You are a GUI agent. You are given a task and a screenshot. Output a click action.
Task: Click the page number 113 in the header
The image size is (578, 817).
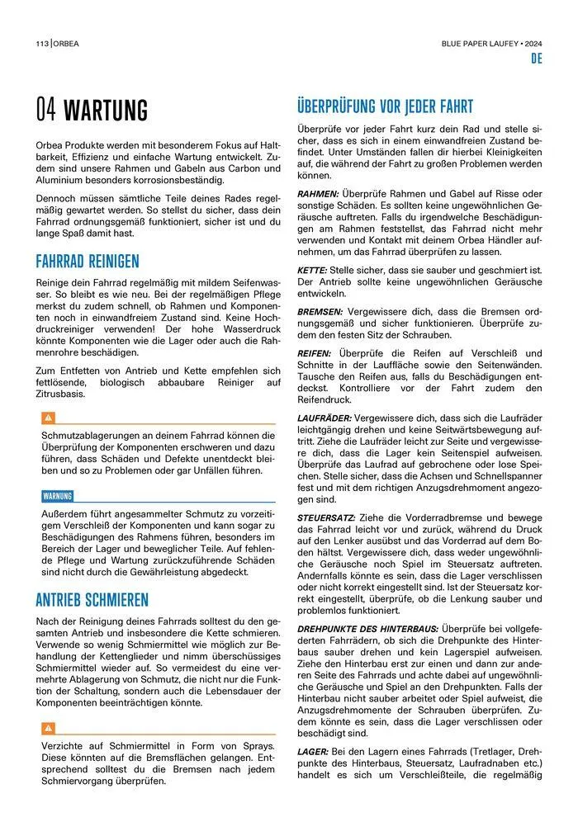coord(41,43)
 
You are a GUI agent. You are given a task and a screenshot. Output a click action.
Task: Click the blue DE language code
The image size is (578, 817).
coord(536,59)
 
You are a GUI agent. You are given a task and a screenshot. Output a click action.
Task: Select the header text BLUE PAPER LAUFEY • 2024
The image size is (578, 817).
coord(492,43)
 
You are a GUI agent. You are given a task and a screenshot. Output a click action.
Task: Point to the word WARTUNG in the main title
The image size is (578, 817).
coord(106,110)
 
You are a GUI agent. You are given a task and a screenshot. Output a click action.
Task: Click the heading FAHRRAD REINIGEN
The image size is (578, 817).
coord(87,262)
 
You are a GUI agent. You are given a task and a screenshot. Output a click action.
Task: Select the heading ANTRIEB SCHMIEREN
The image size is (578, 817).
coord(92,598)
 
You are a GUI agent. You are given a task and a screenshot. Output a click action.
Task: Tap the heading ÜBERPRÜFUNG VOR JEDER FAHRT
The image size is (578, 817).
coord(385,106)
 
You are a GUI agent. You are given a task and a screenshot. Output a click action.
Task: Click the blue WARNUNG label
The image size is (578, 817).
coord(57,496)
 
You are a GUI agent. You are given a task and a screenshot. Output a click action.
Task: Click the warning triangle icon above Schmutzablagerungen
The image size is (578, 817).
coord(49,418)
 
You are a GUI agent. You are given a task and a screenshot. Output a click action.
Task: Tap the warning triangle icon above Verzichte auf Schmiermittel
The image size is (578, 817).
coord(49,728)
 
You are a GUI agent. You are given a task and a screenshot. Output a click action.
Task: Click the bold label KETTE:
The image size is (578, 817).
coord(312,271)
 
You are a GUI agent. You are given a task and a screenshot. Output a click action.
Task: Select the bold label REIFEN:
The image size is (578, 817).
coord(315,353)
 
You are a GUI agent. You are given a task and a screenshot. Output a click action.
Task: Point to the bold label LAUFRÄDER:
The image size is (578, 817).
coord(325,419)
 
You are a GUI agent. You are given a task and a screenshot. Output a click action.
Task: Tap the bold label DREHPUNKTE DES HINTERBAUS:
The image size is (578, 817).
coord(367,628)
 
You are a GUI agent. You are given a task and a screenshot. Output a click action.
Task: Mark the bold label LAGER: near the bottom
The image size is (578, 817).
coord(313,752)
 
